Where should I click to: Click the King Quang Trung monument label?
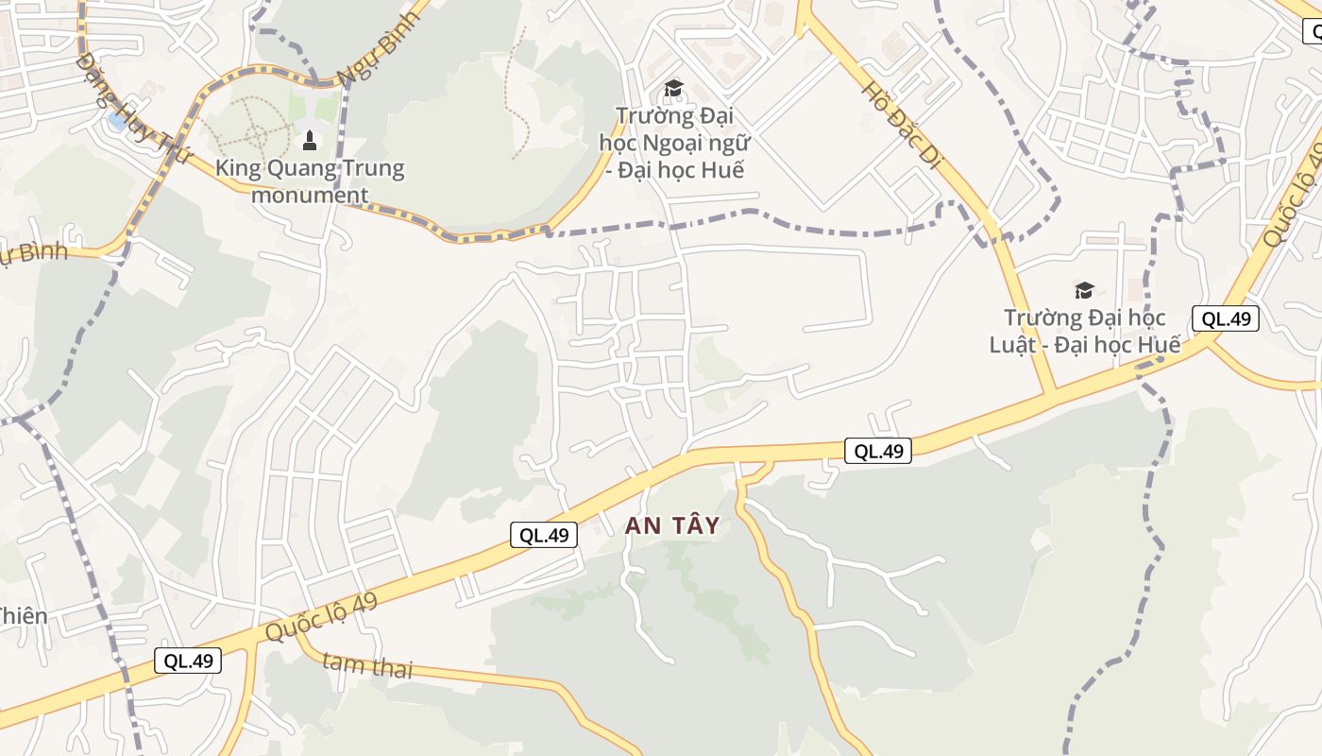point(310,181)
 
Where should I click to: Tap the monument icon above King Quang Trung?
point(308,142)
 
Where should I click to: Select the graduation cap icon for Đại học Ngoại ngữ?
point(673,89)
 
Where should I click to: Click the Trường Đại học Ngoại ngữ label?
point(674,143)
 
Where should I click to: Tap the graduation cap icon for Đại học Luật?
point(1084,290)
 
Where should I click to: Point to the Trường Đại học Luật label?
point(1084,331)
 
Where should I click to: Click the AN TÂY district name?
point(672,526)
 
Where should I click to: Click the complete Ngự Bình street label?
point(378,49)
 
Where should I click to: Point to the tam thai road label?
point(367,665)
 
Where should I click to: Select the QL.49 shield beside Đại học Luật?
point(1226,318)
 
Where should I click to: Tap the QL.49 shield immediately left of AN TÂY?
point(544,535)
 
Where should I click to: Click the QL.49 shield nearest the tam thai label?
point(188,661)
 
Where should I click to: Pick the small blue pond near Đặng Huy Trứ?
point(117,121)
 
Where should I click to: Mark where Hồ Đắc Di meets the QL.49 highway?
point(1052,392)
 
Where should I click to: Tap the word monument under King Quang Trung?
point(310,196)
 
